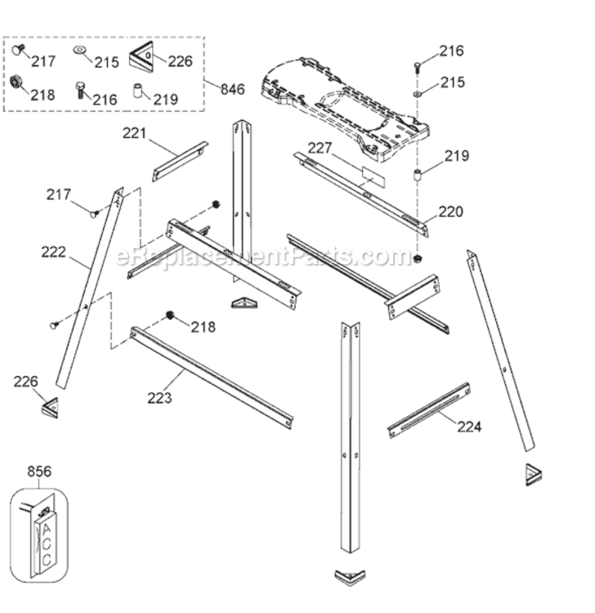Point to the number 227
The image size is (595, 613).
(x=321, y=148)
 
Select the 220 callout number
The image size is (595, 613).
(x=450, y=212)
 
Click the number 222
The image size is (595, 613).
(x=55, y=252)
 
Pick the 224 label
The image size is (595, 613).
(x=469, y=426)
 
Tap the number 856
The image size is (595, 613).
(x=39, y=472)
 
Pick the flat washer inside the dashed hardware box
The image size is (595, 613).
(x=82, y=51)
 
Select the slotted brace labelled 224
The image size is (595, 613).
(x=428, y=409)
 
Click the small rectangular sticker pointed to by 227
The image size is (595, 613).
(x=372, y=175)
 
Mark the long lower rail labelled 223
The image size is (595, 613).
(x=211, y=375)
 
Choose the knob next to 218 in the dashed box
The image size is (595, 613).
(x=16, y=83)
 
